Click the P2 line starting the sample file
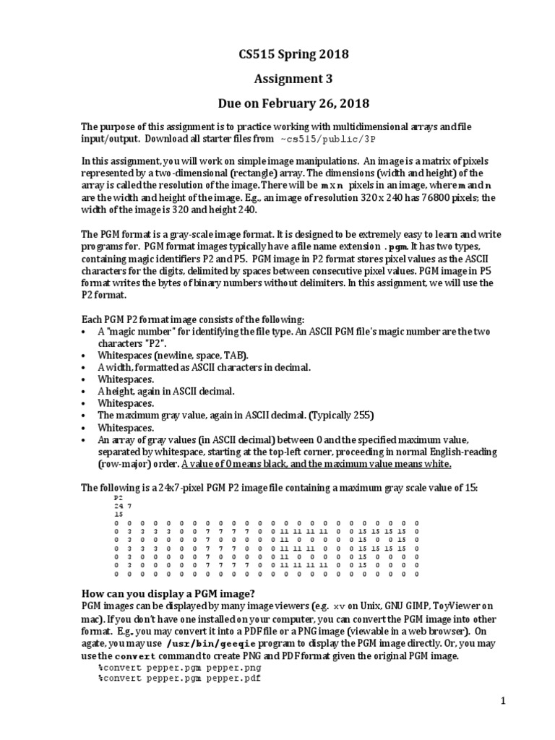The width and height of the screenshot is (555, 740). click(x=119, y=498)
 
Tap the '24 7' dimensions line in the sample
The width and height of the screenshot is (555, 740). click(x=122, y=506)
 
